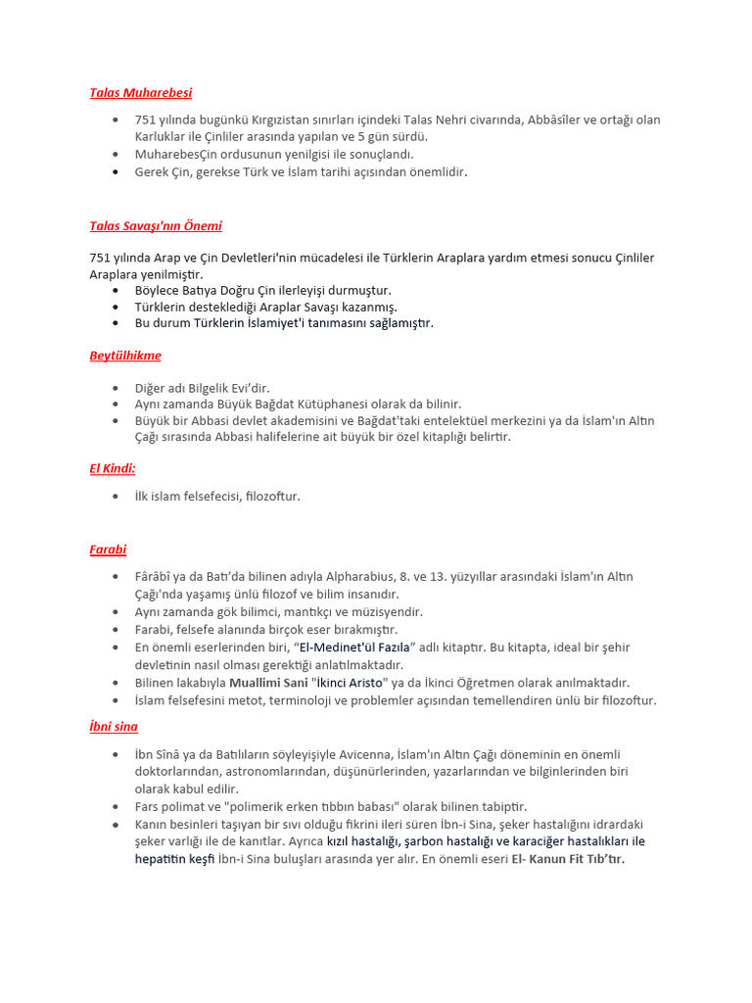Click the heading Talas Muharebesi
tap(140, 93)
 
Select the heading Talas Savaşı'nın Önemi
tap(156, 226)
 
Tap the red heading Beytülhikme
tap(125, 356)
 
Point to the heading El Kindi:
tap(113, 468)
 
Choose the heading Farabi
tap(108, 549)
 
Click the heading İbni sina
tap(114, 727)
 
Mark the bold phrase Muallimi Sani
tap(266, 683)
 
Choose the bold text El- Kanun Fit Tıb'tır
tap(568, 859)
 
